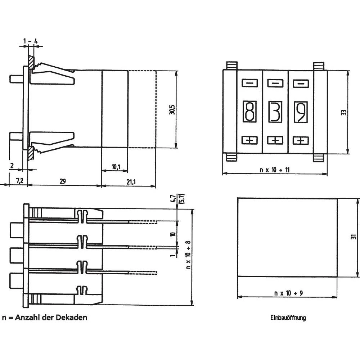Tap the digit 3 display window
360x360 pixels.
click(x=275, y=112)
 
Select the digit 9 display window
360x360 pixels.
click(x=301, y=112)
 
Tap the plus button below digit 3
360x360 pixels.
click(x=275, y=140)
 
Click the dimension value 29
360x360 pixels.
click(x=62, y=181)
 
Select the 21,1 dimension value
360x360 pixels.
click(x=131, y=181)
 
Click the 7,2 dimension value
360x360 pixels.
click(x=19, y=181)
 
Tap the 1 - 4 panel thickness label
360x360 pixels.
click(x=31, y=41)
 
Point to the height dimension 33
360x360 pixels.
click(x=344, y=112)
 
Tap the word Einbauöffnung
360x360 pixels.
click(x=288, y=318)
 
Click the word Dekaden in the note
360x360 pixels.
click(x=72, y=318)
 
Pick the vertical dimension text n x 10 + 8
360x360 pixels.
click(x=188, y=256)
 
